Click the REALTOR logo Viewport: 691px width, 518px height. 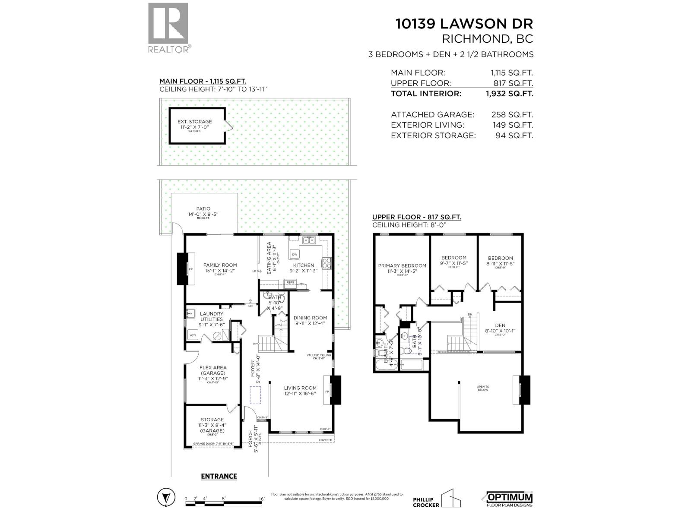pos(168,27)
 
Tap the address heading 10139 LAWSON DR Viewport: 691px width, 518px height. pos(464,24)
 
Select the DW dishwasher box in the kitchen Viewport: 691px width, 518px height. pos(295,254)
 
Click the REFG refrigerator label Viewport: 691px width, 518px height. pos(290,282)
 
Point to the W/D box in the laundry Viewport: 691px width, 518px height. pos(192,335)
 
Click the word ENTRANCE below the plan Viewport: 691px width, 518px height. pos(219,476)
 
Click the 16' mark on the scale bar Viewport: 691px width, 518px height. pos(261,498)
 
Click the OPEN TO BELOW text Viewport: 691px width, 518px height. pos(483,388)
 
